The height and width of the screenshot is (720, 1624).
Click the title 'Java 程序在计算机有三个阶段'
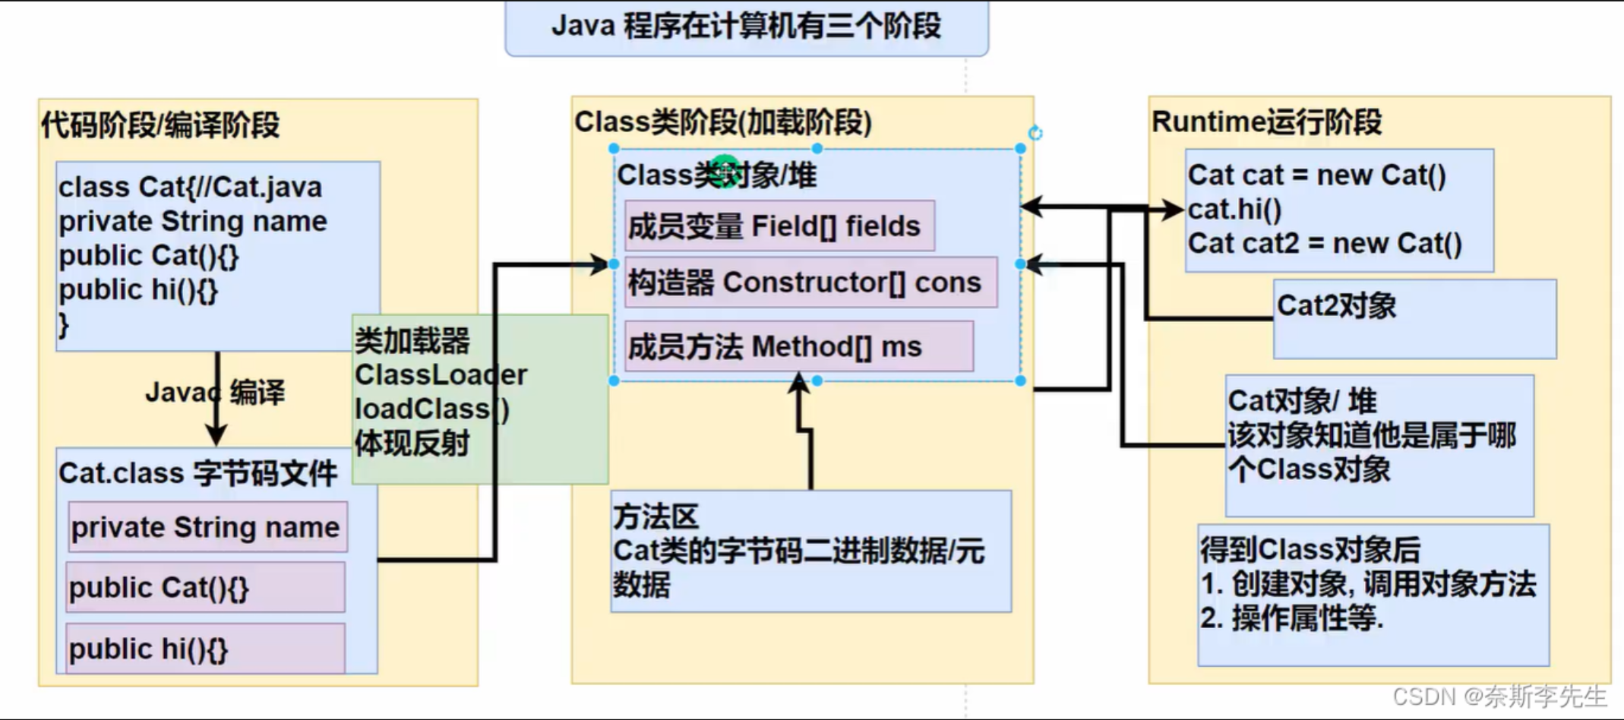click(x=746, y=27)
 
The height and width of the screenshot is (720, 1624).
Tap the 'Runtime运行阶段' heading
click(x=1266, y=122)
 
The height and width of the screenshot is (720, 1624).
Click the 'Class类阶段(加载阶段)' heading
click(x=722, y=122)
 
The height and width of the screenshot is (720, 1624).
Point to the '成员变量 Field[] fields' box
click(x=779, y=226)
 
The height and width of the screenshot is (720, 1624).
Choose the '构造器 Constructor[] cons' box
click(x=810, y=283)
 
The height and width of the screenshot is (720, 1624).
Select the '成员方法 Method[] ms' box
click(x=798, y=347)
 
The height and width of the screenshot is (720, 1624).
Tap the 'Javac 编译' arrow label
click(x=215, y=393)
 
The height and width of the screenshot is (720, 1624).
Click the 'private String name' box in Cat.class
click(x=206, y=527)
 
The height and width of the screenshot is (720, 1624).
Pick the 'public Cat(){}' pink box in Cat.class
click(x=205, y=588)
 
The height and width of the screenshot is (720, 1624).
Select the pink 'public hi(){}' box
click(x=205, y=649)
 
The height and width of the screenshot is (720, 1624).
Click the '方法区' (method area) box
click(x=810, y=551)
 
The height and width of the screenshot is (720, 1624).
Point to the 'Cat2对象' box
click(x=1414, y=319)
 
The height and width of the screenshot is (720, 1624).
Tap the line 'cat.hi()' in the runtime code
click(x=1234, y=210)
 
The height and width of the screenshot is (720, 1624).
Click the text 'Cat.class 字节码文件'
click(x=197, y=473)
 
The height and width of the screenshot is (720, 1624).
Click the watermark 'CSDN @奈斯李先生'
click(x=1499, y=696)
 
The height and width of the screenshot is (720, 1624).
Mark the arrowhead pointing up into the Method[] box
click(x=798, y=381)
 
